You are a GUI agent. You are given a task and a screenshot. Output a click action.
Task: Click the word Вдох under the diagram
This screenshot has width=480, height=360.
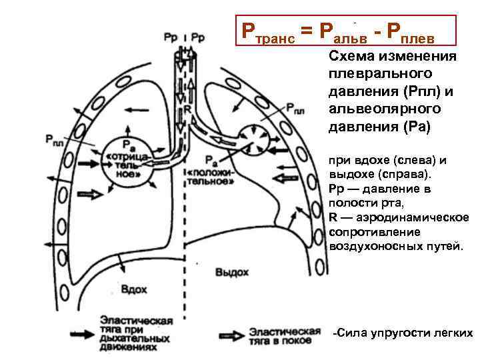[x=133, y=290]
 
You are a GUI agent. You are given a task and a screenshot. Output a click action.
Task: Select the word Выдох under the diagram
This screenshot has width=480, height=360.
[x=232, y=272]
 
